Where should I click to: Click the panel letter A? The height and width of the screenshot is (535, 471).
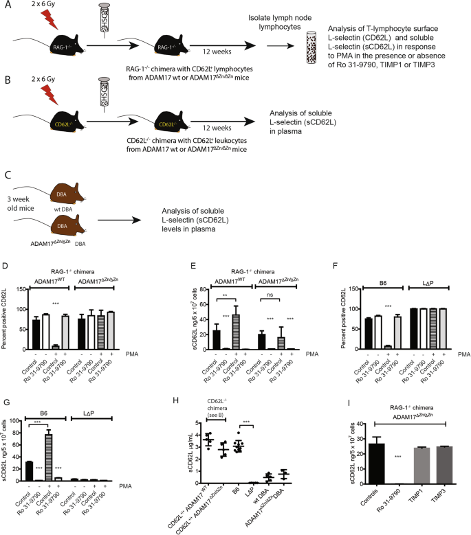[6, 5]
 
